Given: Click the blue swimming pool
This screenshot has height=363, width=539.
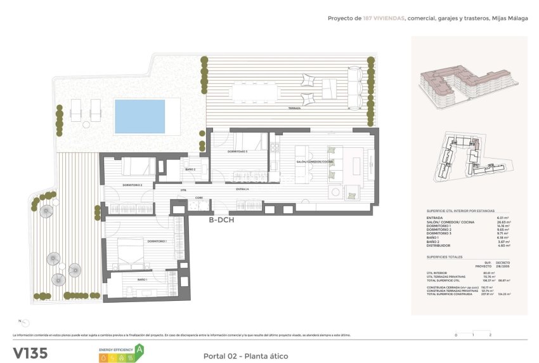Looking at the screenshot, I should click(139, 115).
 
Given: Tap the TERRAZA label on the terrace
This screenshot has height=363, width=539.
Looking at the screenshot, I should click(294, 109).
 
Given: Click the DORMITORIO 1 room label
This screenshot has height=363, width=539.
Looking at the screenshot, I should click(157, 241).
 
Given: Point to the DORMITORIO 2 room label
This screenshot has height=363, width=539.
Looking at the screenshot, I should click(133, 185).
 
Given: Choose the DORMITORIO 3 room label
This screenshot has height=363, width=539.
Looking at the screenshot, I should click(238, 152).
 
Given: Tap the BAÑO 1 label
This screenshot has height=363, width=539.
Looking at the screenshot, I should click(142, 279).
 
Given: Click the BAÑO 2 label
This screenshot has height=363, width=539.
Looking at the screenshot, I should click(190, 169).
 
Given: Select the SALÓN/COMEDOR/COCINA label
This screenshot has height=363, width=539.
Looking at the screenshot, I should click(315, 162).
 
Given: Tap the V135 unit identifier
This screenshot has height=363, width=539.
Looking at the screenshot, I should click(30, 353).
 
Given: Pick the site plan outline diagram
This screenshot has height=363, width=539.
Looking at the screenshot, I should click(469, 157).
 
